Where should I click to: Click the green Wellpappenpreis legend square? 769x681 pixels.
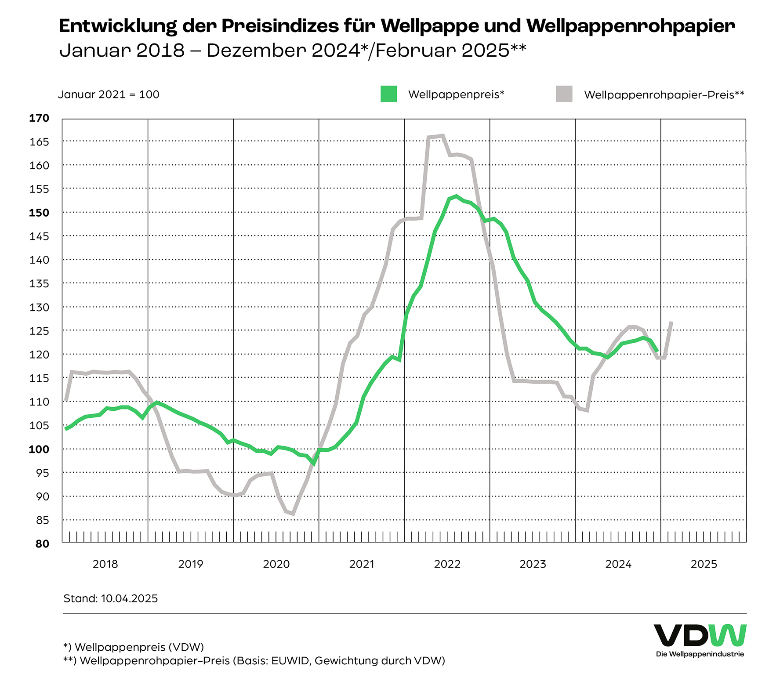(388, 94)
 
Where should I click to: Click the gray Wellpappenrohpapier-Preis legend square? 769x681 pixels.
(564, 94)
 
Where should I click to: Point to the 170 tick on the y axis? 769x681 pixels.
(39, 118)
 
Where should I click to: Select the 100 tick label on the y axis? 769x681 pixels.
(39, 449)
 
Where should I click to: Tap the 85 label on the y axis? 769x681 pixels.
(42, 520)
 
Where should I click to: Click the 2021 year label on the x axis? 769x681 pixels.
(362, 564)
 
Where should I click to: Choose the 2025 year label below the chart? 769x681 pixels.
(704, 564)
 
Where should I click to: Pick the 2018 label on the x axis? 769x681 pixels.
(105, 564)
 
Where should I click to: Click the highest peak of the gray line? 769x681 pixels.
(442, 136)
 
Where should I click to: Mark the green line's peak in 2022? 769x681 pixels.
(457, 196)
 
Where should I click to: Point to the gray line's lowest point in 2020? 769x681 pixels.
(293, 514)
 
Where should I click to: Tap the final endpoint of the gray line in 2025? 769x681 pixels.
(671, 322)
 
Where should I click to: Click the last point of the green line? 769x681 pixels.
(657, 351)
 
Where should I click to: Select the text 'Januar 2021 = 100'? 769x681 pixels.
(109, 94)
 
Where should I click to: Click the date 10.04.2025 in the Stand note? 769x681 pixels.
(129, 598)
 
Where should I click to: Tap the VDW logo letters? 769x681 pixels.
(700, 635)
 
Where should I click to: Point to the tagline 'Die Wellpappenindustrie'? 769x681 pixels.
(700, 654)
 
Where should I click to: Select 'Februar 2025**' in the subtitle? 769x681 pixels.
(451, 51)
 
